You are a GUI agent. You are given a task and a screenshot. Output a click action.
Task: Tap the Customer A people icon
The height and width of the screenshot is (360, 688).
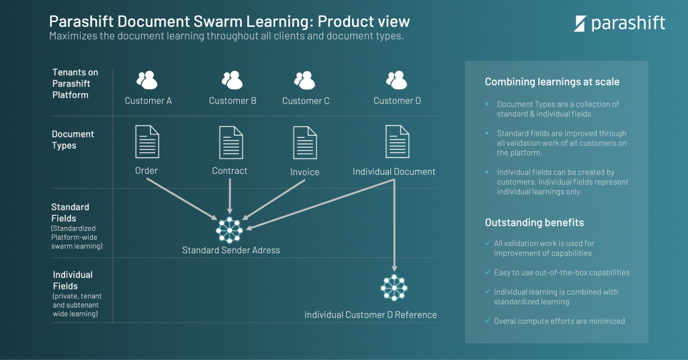tap(146, 81)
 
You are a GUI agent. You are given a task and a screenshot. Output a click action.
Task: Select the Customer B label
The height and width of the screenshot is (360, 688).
tap(232, 101)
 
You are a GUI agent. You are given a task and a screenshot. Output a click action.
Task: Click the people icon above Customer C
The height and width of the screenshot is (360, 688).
tap(304, 81)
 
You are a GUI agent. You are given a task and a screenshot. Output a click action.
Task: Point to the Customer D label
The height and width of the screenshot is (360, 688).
tap(397, 101)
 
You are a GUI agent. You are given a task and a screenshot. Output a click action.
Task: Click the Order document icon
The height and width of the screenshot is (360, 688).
tap(147, 142)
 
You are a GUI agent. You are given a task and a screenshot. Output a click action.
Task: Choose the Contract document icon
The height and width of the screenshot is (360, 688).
tap(230, 142)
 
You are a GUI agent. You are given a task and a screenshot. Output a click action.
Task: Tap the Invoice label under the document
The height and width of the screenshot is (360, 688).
tap(304, 172)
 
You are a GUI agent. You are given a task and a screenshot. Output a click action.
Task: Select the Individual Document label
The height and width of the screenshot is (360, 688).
tap(394, 172)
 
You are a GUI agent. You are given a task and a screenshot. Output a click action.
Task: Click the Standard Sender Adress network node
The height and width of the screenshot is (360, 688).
tap(229, 230)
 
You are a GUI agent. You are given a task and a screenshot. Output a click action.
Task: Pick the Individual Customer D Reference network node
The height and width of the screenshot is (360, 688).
tap(394, 287)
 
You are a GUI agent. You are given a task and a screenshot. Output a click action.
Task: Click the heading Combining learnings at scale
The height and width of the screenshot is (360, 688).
tap(552, 82)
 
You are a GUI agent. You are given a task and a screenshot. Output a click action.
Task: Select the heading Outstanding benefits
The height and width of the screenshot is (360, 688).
tap(534, 222)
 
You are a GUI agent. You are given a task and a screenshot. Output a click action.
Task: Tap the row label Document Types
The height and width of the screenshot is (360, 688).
tap(73, 140)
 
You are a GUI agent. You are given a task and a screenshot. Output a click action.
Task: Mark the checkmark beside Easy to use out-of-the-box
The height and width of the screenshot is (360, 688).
tap(488, 272)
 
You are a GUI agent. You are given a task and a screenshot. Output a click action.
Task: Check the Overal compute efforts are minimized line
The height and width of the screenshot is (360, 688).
tap(559, 321)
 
